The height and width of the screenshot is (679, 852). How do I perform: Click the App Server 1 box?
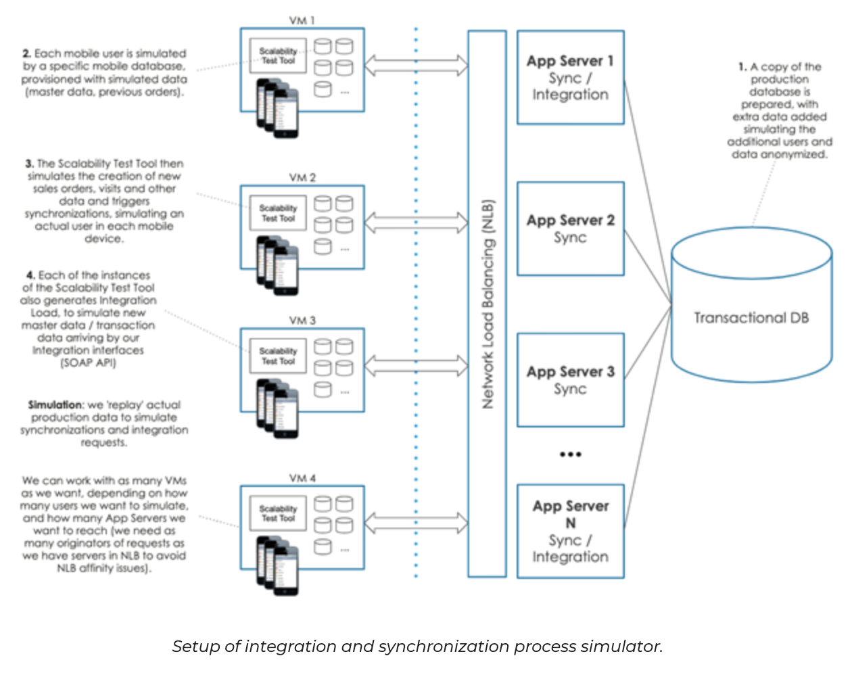tap(570, 77)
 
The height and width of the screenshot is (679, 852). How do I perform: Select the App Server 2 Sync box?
tap(570, 229)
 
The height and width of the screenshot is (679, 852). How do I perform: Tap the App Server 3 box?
tap(570, 379)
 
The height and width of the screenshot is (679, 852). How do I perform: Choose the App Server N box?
tap(570, 531)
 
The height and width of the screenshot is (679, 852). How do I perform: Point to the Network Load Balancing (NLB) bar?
tap(487, 304)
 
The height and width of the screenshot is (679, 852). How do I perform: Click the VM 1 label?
tap(302, 20)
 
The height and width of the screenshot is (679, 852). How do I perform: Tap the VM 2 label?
tap(302, 177)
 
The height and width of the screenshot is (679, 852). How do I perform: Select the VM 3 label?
tap(302, 320)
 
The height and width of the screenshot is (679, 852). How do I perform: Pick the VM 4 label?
tap(302, 478)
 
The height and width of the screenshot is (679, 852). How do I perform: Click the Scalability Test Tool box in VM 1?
tap(278, 55)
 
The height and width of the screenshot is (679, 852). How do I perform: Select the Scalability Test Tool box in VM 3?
tap(278, 356)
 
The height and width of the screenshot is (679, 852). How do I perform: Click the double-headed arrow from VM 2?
tap(416, 222)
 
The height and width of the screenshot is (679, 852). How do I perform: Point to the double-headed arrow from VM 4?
tap(416, 523)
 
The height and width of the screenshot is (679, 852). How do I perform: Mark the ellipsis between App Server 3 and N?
tap(570, 454)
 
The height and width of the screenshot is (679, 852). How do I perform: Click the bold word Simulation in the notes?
tap(55, 404)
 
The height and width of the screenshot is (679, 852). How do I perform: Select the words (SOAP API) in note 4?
tap(88, 362)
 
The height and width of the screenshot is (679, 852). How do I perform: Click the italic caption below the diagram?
tap(417, 647)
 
